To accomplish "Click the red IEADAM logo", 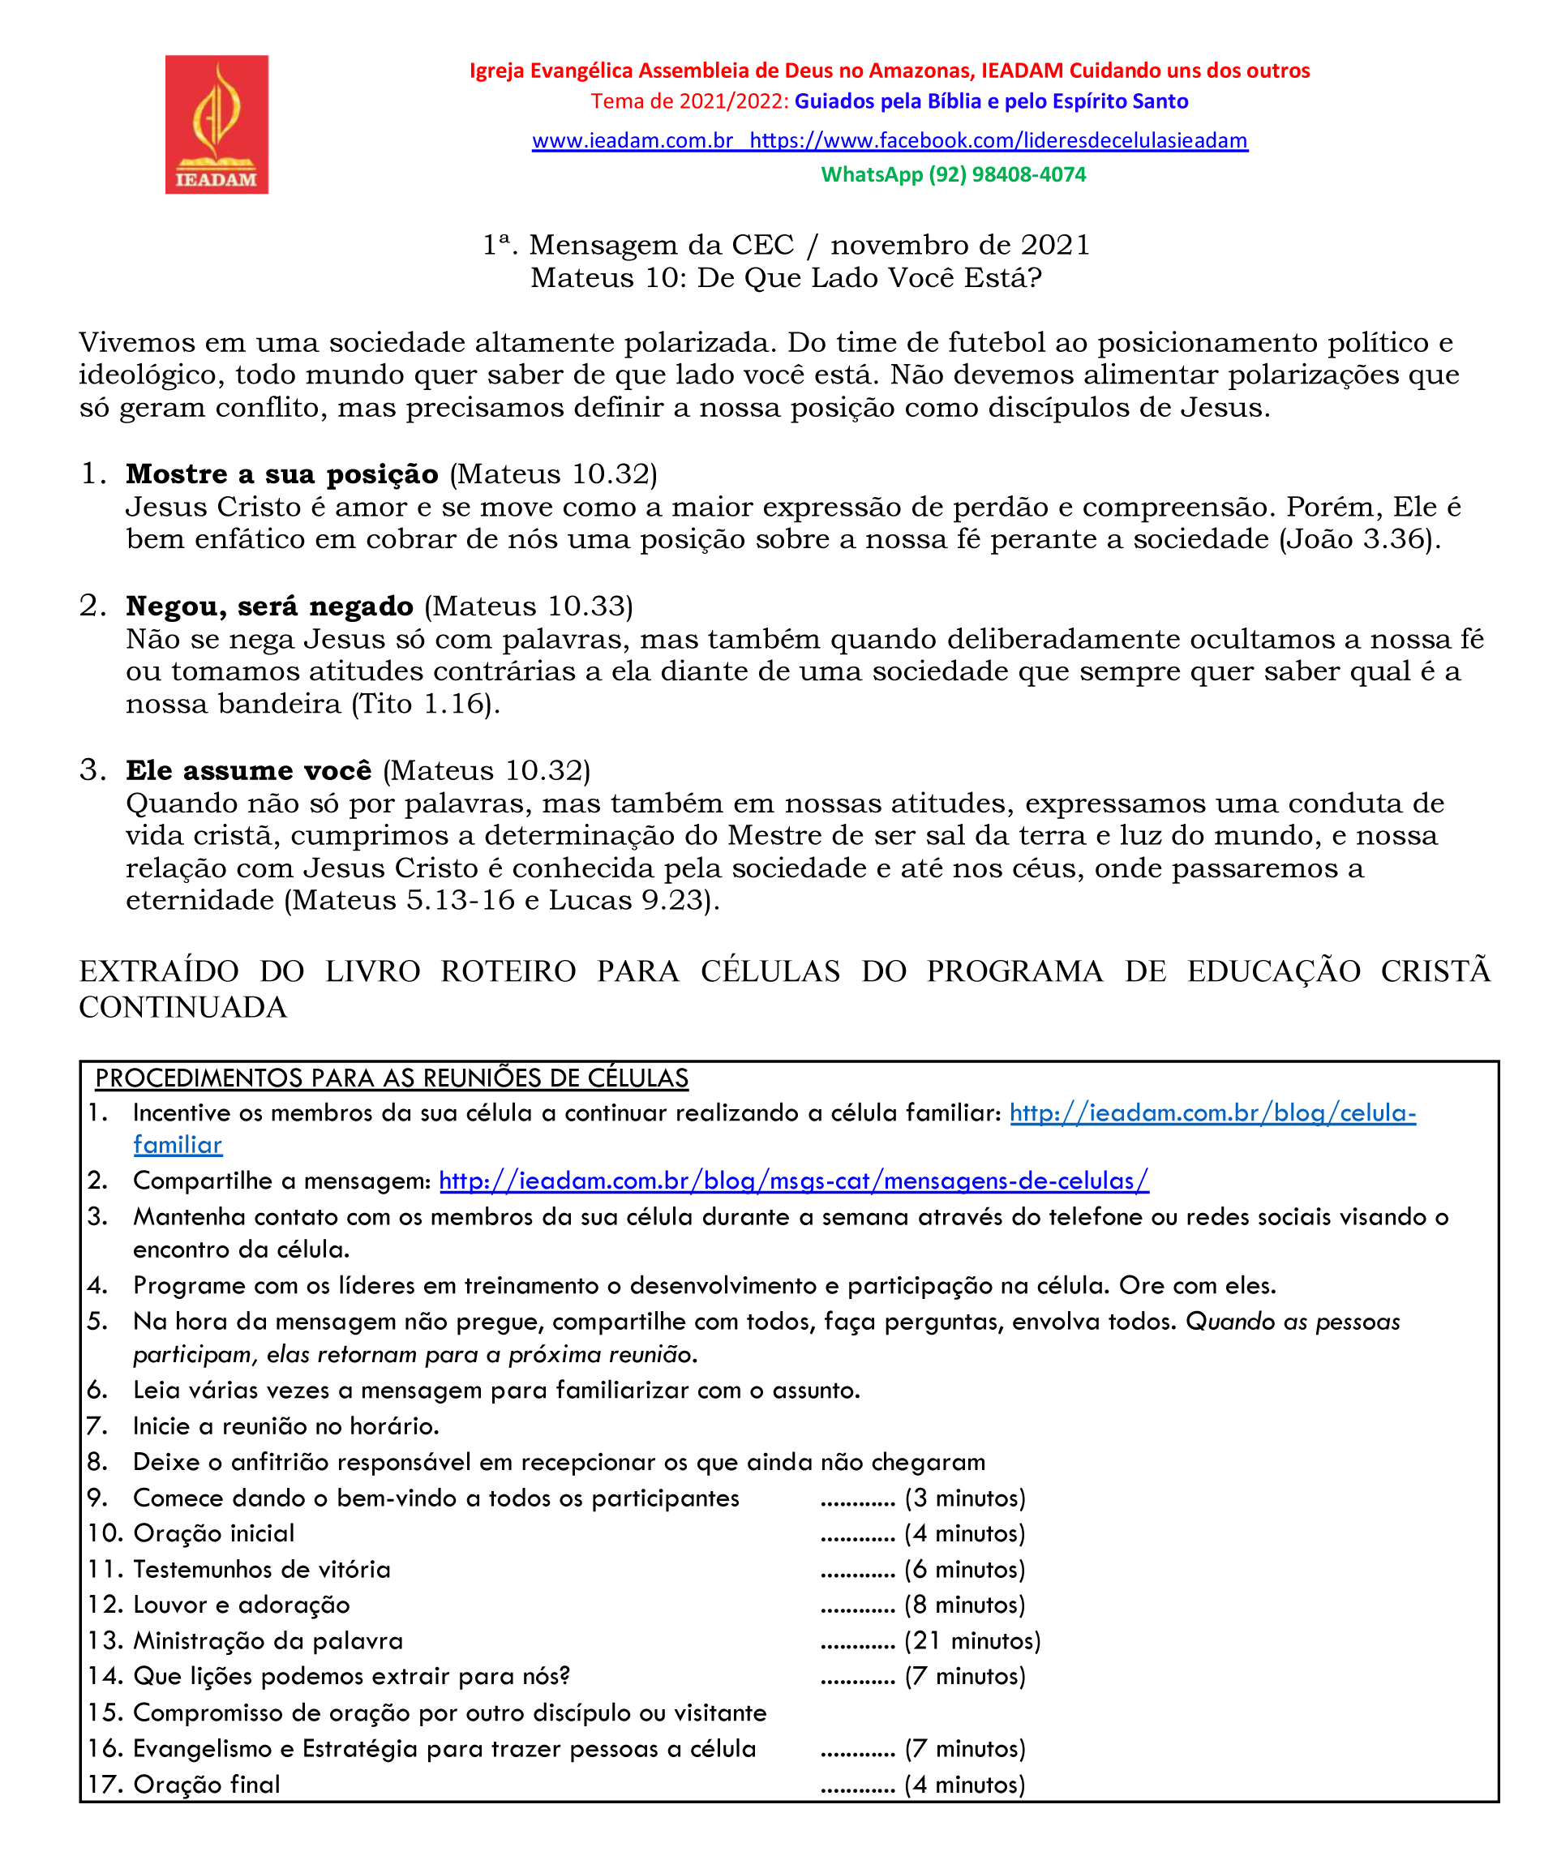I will click(217, 125).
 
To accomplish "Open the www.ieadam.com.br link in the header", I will click(633, 140).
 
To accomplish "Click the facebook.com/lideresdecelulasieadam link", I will click(998, 140).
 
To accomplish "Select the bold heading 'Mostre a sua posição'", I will click(282, 474).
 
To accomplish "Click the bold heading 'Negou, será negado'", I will click(270, 607).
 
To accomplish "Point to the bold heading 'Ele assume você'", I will click(248, 770).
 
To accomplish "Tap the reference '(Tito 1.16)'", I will click(425, 705).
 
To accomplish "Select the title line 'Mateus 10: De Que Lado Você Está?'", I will click(786, 278).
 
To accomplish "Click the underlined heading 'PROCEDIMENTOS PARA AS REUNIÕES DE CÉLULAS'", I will click(392, 1078).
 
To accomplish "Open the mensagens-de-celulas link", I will click(793, 1181).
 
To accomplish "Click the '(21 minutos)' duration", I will click(972, 1641).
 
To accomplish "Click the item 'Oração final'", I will click(206, 1785).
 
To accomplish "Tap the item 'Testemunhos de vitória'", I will click(262, 1570).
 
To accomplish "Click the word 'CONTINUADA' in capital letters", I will click(183, 1008).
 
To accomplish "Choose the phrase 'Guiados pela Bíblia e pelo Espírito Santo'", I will click(991, 101).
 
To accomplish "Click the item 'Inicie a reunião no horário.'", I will click(285, 1426).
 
